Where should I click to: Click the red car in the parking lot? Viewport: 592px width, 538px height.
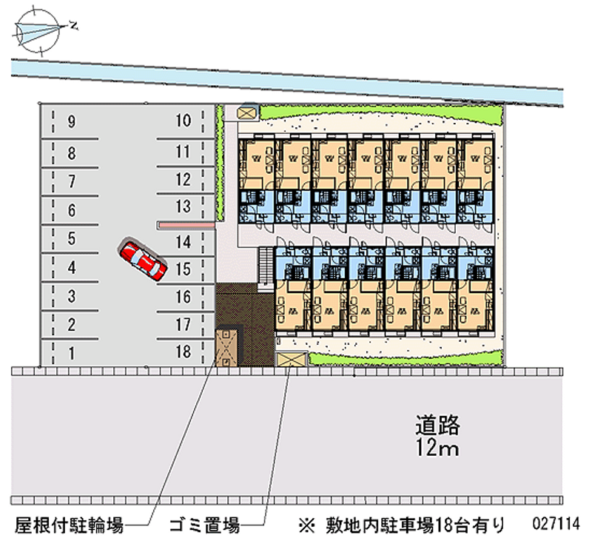pyautogui.click(x=144, y=260)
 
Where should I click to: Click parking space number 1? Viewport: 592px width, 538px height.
pyautogui.click(x=71, y=353)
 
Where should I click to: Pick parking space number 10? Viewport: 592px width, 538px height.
pyautogui.click(x=184, y=121)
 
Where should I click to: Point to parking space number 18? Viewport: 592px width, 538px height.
pyautogui.click(x=184, y=352)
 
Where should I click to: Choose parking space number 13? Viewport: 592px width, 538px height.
pyautogui.click(x=184, y=206)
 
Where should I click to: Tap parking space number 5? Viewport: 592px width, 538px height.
pyautogui.click(x=71, y=239)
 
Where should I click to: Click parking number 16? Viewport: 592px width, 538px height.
pyautogui.click(x=184, y=297)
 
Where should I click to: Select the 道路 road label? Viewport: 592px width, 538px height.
pyautogui.click(x=437, y=426)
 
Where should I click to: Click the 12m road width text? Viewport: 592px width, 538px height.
pyautogui.click(x=437, y=448)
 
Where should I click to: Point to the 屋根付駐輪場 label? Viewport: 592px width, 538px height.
pyautogui.click(x=67, y=525)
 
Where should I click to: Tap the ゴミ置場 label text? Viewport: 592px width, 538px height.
pyautogui.click(x=203, y=525)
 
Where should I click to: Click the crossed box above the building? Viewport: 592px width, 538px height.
pyautogui.click(x=246, y=112)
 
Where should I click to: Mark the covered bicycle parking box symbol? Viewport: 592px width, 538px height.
pyautogui.click(x=226, y=346)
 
